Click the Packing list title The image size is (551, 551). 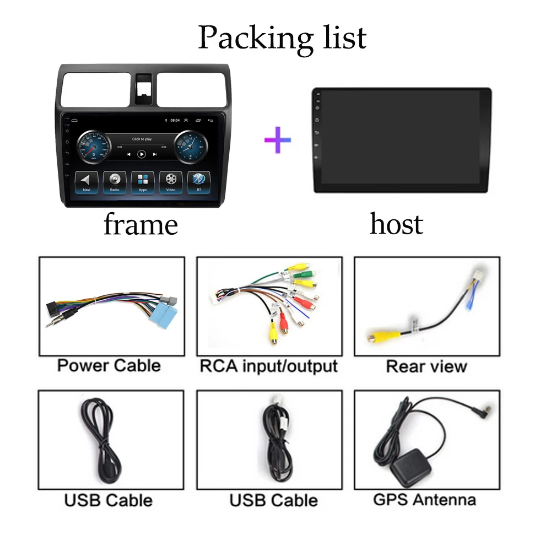click(x=282, y=37)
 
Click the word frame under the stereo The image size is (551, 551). click(x=141, y=225)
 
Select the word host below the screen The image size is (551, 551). click(x=396, y=224)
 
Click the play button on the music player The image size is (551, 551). click(x=142, y=154)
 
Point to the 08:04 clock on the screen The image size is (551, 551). click(x=175, y=120)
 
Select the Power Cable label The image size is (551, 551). click(x=109, y=365)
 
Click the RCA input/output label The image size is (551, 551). click(x=268, y=366)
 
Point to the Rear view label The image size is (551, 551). click(x=426, y=366)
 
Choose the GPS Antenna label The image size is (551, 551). click(x=424, y=499)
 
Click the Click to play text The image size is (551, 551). click(x=142, y=139)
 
